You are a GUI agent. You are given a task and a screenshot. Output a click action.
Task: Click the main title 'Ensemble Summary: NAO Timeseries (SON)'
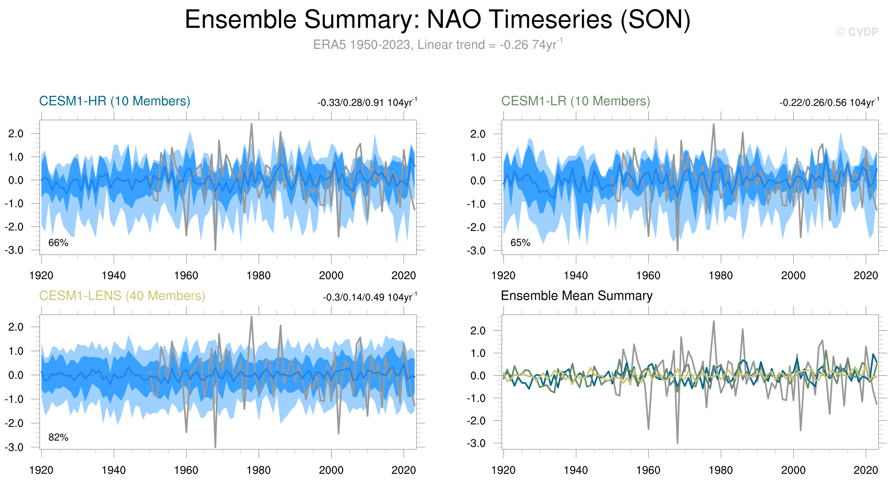point(438,19)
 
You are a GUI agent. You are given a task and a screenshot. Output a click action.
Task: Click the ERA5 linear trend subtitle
point(438,45)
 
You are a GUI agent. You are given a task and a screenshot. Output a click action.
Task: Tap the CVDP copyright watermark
point(857,32)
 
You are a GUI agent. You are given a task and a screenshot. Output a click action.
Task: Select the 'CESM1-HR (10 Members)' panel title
point(115,101)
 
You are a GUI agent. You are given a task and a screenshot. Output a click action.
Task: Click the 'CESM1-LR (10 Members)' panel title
point(575,101)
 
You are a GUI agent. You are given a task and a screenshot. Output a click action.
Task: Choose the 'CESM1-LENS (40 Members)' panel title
point(122,296)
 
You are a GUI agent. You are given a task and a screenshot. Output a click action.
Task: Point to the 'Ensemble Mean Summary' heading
point(576,296)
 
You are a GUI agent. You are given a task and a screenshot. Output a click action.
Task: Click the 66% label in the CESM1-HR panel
point(58,243)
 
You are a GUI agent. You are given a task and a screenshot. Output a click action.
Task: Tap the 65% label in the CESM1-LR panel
point(520,243)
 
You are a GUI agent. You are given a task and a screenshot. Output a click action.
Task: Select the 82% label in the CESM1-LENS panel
point(58,437)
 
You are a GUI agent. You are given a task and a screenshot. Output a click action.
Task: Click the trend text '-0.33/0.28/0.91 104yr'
point(367,103)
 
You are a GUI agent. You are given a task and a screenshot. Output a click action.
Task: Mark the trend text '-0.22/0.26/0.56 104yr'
point(829,103)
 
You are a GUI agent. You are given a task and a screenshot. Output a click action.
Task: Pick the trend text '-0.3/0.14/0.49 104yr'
point(370,297)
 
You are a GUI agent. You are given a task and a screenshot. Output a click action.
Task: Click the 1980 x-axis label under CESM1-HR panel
point(258,275)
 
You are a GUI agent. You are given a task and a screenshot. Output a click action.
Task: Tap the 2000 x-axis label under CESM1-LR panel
point(793,275)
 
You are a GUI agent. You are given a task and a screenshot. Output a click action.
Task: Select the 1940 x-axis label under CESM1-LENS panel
point(114,470)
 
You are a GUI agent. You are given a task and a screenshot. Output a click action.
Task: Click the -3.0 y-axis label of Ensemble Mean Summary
point(477,443)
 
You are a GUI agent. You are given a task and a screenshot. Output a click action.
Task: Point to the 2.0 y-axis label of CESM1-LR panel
point(478,134)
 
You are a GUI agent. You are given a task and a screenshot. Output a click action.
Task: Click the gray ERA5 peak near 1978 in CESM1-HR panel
point(251,124)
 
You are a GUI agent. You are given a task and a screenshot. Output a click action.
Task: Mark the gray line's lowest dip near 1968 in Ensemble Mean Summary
point(677,442)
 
